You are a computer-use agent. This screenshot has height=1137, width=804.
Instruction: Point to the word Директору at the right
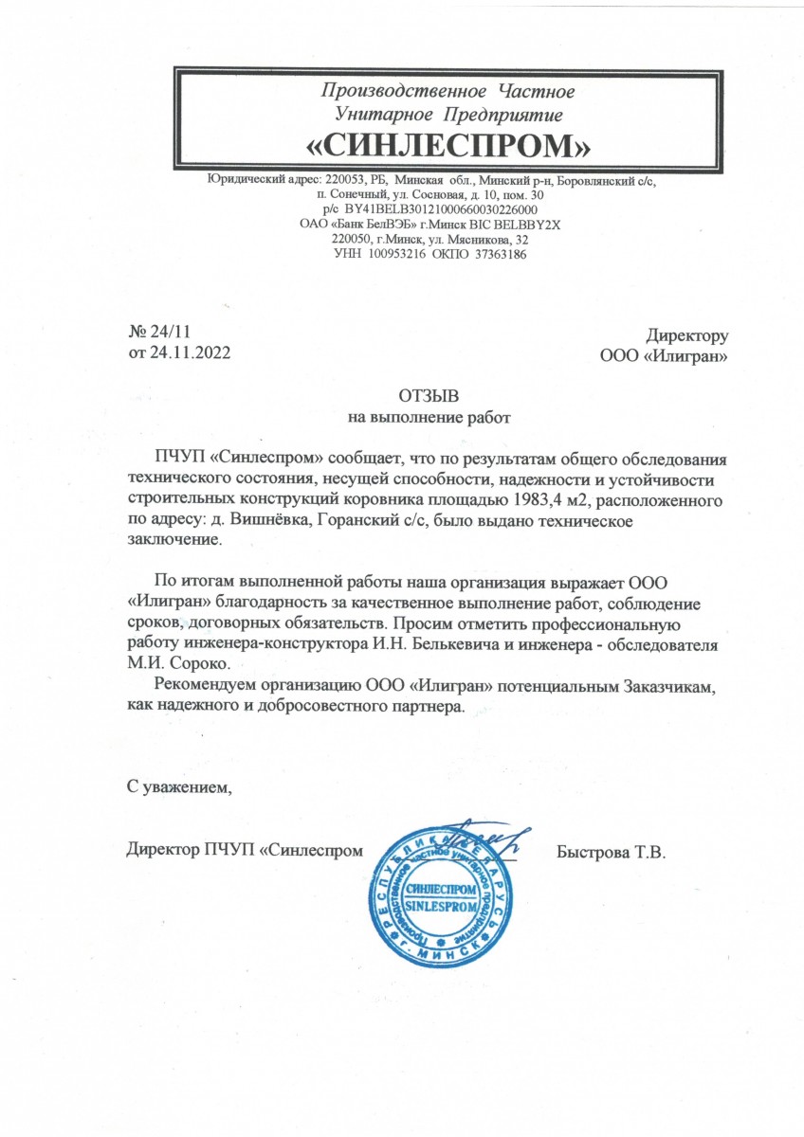tap(686, 334)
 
